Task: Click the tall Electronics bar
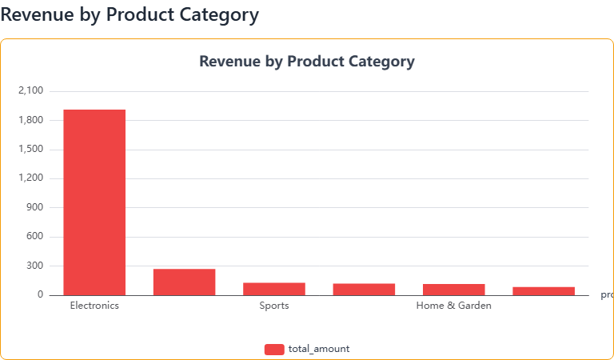[94, 202]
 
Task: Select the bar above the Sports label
[274, 289]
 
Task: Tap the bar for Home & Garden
[453, 290]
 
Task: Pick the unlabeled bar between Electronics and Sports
[184, 282]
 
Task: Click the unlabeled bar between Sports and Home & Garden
[364, 289]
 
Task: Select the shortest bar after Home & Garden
[544, 290]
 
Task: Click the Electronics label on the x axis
[94, 306]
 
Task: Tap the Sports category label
[274, 306]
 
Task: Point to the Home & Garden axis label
[453, 306]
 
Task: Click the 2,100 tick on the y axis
[30, 91]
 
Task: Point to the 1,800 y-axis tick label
[30, 121]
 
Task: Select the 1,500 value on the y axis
[30, 150]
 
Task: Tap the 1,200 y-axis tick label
[30, 178]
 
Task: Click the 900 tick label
[34, 208]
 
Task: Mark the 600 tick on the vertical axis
[34, 237]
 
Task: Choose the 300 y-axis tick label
[34, 266]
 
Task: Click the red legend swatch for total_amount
[274, 349]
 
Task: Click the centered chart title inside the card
[307, 62]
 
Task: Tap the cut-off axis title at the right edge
[607, 294]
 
